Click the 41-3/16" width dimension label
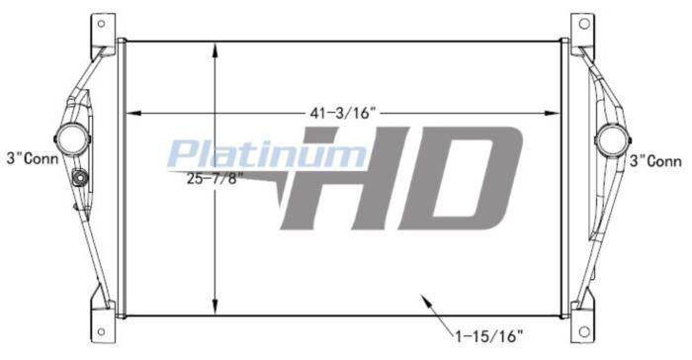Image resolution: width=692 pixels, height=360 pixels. pos(342,113)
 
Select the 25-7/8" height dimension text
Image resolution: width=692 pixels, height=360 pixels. pos(215,179)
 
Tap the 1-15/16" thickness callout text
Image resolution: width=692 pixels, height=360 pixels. pos(488,336)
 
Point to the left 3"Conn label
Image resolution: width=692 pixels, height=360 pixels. pos(33,158)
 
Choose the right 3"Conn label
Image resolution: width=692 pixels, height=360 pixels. pos(655,161)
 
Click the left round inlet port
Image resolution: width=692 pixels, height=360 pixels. pos(73,139)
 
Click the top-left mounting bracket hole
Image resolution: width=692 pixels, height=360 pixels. pos(101,24)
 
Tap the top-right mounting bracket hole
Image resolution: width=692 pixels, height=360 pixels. pos(584,24)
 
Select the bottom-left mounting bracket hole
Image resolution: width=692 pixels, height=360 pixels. pos(101,331)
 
